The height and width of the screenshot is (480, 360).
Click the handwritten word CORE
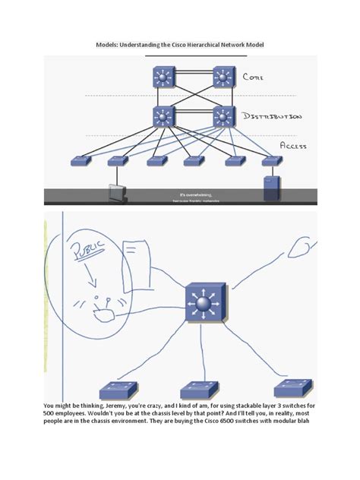[253, 77]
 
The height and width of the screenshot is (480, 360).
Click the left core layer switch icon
[163, 77]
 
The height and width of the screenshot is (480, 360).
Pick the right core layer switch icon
[223, 77]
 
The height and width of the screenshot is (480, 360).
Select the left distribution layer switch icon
[163, 116]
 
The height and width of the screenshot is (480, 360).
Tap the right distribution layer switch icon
[223, 116]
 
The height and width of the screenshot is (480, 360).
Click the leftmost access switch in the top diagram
[81, 161]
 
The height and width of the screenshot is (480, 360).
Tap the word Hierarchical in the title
[201, 46]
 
